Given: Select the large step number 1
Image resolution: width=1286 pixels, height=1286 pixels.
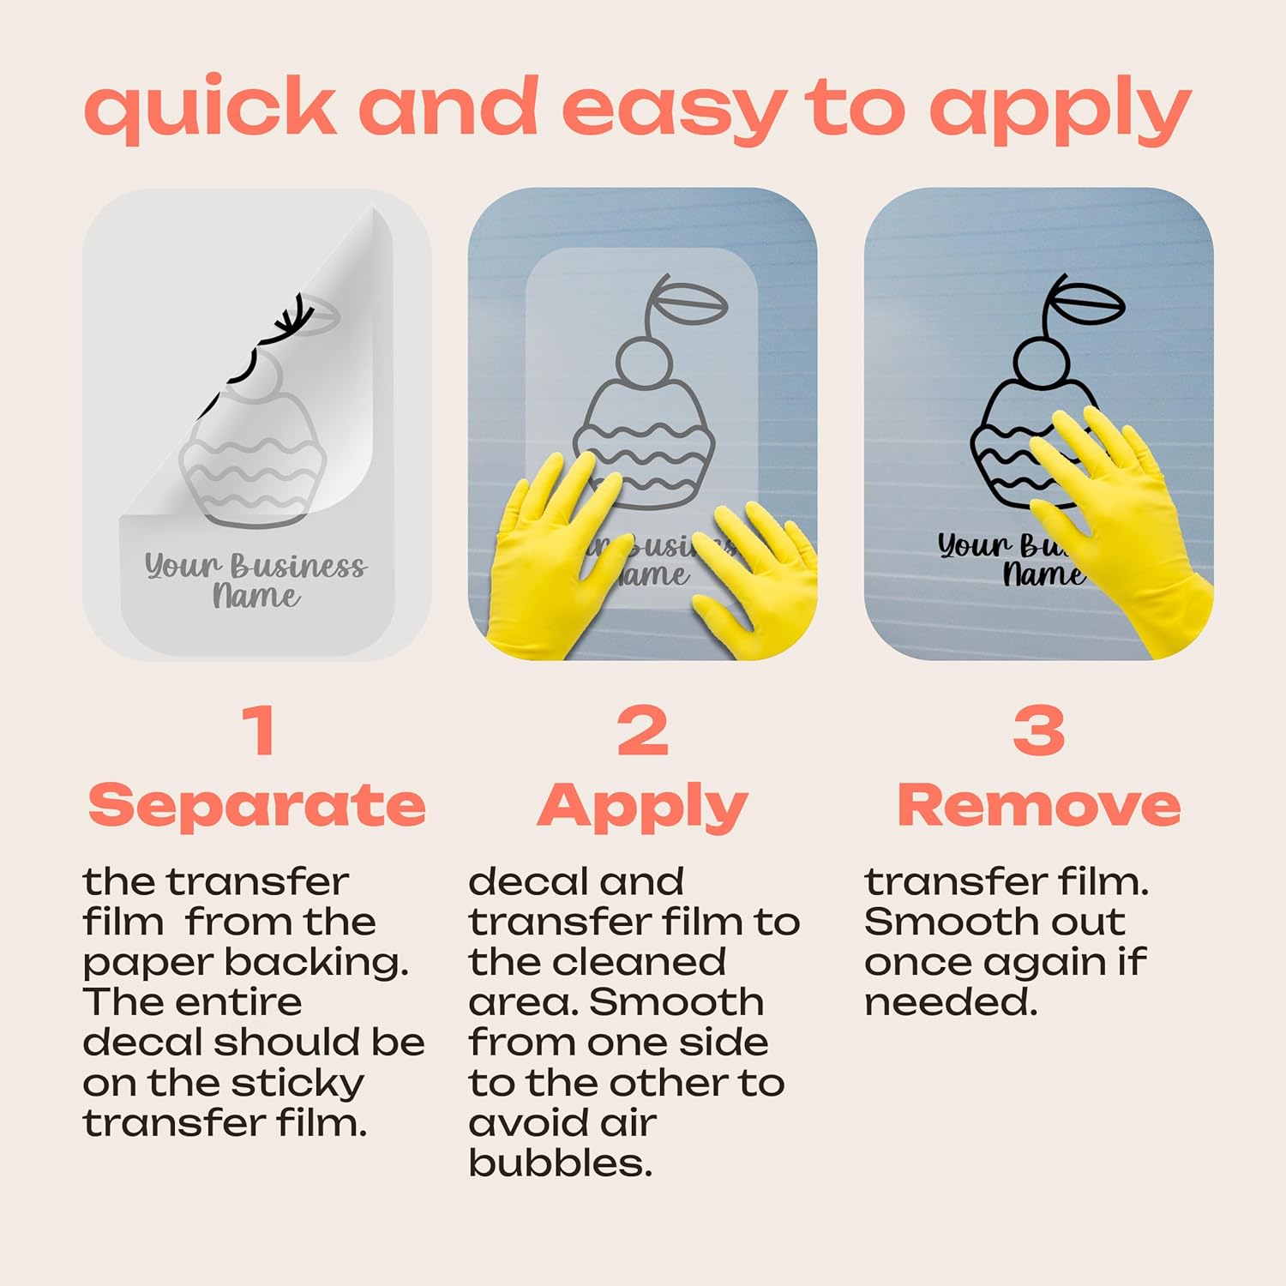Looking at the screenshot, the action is pyautogui.click(x=259, y=730).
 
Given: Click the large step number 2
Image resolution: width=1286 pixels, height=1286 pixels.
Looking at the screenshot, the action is pyautogui.click(x=642, y=730).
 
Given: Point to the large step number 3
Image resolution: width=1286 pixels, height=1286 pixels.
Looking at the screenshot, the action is pyautogui.click(x=1039, y=730).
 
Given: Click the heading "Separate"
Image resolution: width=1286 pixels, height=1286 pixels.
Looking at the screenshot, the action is pyautogui.click(x=257, y=807).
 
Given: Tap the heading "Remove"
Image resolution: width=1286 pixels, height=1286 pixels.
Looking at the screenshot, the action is pyautogui.click(x=1039, y=806).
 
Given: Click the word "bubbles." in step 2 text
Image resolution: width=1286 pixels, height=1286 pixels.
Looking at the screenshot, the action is pyautogui.click(x=561, y=1163).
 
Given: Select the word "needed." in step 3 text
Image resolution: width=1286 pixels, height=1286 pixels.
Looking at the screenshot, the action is pyautogui.click(x=951, y=1001).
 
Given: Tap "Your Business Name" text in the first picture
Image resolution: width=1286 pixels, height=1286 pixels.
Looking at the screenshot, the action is pyautogui.click(x=255, y=580).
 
